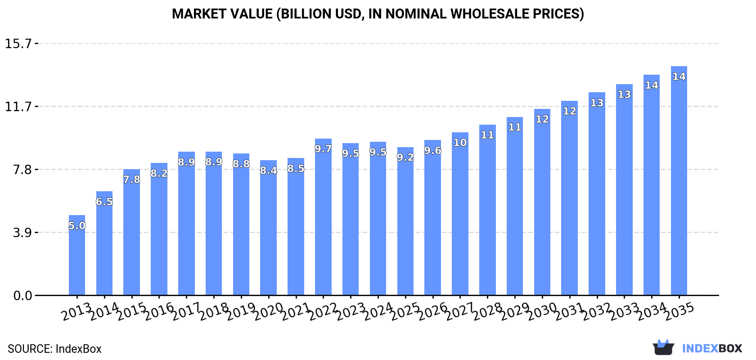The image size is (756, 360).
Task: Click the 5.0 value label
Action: tap(77, 225)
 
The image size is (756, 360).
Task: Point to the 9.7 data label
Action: tap(323, 149)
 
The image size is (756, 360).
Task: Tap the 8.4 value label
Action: tap(268, 171)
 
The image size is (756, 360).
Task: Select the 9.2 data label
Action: tap(405, 157)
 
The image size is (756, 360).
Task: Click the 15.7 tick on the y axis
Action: tap(18, 44)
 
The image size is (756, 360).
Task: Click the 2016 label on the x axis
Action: tap(159, 311)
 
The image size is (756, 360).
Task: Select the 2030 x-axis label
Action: tap(542, 311)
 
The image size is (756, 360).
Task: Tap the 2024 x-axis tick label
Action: tap(378, 311)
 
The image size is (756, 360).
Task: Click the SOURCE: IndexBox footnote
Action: tap(54, 349)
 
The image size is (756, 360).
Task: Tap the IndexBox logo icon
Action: tap(663, 347)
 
